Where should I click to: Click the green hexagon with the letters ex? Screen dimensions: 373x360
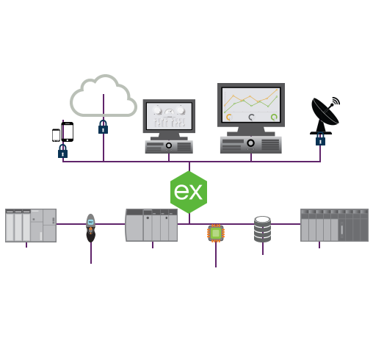pyautogui.click(x=189, y=192)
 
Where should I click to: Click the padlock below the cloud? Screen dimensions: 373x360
pyautogui.click(x=103, y=127)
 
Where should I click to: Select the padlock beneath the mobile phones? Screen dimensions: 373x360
pyautogui.click(x=62, y=151)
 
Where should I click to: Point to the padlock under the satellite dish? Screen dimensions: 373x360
pyautogui.click(x=320, y=139)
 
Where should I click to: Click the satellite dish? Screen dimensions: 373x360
pyautogui.click(x=325, y=115)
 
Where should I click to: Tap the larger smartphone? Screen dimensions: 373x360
pyautogui.click(x=68, y=132)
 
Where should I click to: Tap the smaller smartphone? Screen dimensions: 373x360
pyautogui.click(x=56, y=135)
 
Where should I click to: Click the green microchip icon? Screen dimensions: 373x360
pyautogui.click(x=216, y=233)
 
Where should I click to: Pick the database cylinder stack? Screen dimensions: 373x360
pyautogui.click(x=262, y=229)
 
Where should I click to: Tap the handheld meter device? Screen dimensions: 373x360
pyautogui.click(x=90, y=228)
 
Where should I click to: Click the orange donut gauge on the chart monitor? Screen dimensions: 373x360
pyautogui.click(x=229, y=118)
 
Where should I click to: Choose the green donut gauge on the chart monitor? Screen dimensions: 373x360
pyautogui.click(x=274, y=117)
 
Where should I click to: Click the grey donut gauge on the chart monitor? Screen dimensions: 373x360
pyautogui.click(x=252, y=118)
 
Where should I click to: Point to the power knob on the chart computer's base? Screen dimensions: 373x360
pyautogui.click(x=250, y=143)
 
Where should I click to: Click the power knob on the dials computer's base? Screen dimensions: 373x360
pyautogui.click(x=169, y=145)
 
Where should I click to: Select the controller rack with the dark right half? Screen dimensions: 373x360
pyautogui.click(x=334, y=226)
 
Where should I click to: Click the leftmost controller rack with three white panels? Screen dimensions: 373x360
pyautogui.click(x=31, y=226)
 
